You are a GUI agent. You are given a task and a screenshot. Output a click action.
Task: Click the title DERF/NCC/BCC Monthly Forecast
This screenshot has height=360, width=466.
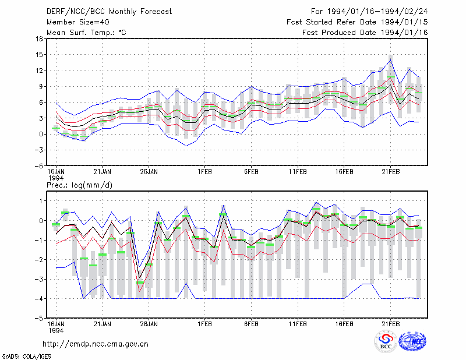tap(109, 12)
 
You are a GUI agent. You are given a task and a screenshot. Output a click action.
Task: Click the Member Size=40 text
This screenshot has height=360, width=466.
tap(78, 22)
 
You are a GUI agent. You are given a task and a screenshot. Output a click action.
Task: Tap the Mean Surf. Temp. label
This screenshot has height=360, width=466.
tap(86, 33)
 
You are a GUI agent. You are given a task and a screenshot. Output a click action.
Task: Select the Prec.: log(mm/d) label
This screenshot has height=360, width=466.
tap(79, 185)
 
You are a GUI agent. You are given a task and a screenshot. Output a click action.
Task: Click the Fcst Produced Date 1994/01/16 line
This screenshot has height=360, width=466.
tap(365, 33)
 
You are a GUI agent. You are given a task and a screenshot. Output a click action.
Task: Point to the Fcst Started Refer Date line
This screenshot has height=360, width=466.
tap(357, 22)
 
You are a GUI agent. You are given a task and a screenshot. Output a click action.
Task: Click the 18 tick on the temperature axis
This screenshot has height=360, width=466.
tap(39, 38)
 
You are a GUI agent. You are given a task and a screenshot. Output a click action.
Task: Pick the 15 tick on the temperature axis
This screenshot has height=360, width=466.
tap(39, 54)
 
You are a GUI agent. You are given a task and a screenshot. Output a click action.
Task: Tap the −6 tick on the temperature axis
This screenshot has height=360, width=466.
tap(38, 165)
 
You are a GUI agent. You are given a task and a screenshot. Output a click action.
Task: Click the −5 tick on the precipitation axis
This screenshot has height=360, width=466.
tap(38, 318)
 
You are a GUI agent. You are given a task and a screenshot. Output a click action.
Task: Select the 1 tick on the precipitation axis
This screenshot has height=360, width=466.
tap(41, 201)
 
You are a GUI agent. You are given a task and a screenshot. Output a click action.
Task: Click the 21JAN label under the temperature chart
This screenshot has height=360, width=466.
tap(103, 172)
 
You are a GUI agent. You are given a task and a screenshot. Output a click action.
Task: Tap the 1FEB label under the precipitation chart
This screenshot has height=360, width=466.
tap(205, 324)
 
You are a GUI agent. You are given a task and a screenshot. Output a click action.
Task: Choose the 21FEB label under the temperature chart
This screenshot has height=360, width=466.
tap(391, 172)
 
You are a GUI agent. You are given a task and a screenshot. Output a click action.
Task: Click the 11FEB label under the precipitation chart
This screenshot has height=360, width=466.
tap(298, 324)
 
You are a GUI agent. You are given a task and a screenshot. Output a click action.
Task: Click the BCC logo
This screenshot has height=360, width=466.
tap(386, 341)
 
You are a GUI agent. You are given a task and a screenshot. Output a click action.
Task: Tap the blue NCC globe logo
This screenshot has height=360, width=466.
tap(412, 341)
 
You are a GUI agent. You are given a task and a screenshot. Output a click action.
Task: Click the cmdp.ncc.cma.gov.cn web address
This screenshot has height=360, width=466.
tap(96, 344)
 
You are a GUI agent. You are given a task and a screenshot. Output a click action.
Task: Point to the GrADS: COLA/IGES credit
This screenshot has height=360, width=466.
tap(27, 357)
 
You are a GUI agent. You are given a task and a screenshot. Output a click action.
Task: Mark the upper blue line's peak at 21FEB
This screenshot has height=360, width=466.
tap(391, 60)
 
